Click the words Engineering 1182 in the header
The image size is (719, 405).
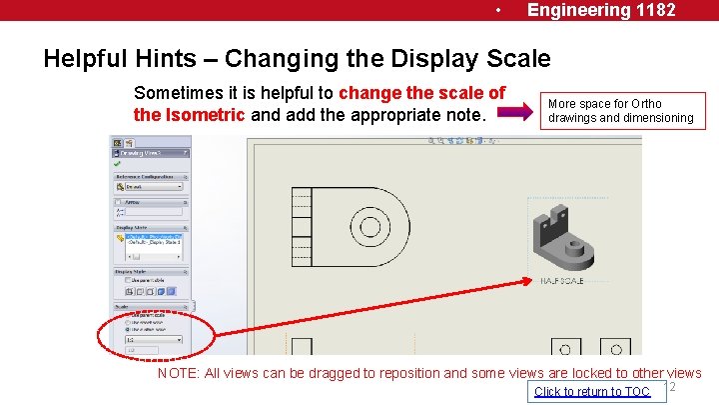[x=601, y=10]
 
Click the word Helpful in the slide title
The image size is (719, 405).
[x=88, y=58]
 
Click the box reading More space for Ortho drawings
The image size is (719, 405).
[x=621, y=110]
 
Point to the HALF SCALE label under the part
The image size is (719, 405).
[x=561, y=281]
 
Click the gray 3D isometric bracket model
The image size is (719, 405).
[x=562, y=244]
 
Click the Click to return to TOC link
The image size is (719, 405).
[x=592, y=391]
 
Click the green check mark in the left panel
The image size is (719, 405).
[x=118, y=164]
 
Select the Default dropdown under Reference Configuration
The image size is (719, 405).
[x=150, y=186]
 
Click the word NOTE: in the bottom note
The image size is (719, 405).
[x=179, y=373]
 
